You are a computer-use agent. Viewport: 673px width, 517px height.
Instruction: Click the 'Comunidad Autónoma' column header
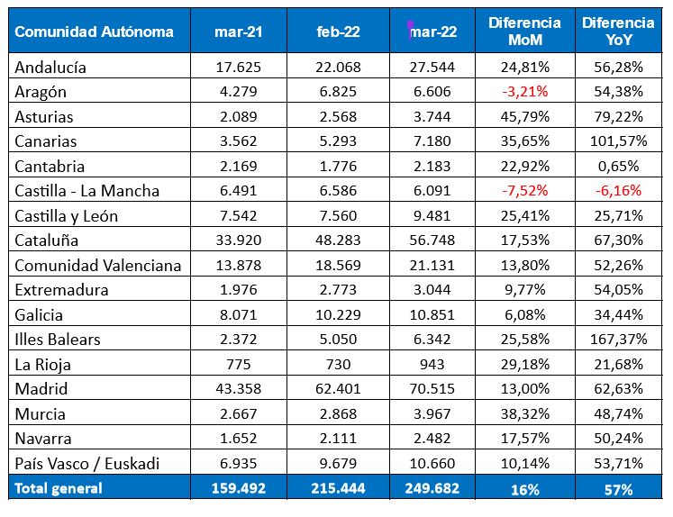(x=95, y=32)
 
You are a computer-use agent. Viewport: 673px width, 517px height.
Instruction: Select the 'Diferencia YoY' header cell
(x=618, y=32)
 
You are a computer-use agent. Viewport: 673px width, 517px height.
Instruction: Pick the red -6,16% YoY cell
(x=618, y=191)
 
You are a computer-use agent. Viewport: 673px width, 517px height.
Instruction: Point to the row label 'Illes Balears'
(x=58, y=340)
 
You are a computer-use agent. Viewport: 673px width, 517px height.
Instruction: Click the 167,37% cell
(x=618, y=340)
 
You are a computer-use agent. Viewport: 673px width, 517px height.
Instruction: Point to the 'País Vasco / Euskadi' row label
(x=87, y=463)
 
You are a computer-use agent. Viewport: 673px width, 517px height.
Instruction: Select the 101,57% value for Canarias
(x=618, y=141)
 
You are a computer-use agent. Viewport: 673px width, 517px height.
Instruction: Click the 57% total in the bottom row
(x=618, y=488)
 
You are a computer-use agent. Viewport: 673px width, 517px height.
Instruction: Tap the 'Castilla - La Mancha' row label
(x=87, y=191)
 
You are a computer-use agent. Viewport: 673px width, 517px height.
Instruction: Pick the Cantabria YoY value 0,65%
(x=618, y=166)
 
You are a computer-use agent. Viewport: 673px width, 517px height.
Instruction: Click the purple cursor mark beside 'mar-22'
(x=410, y=30)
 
